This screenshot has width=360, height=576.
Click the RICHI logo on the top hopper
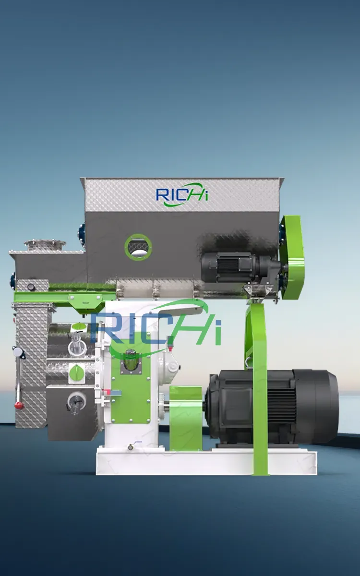[182, 195]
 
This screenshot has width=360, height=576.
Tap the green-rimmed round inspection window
[138, 247]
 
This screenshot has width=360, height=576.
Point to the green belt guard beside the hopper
[292, 257]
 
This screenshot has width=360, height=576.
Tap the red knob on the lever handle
[20, 406]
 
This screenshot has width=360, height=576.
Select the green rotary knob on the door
[76, 372]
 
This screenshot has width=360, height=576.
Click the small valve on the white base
[130, 447]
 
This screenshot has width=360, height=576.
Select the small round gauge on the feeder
[31, 287]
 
